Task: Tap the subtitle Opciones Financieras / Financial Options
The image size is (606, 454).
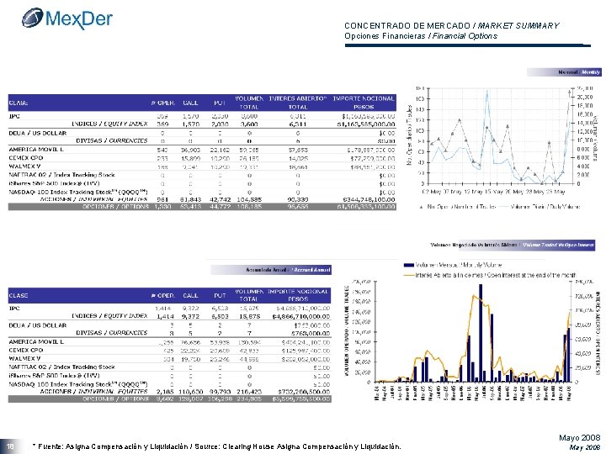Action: tap(421, 36)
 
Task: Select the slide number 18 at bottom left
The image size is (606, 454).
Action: tap(12, 446)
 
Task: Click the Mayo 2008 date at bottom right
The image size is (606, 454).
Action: tap(578, 438)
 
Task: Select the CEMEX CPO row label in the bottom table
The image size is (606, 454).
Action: tap(28, 351)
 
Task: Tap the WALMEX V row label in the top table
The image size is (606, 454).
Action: tap(24, 166)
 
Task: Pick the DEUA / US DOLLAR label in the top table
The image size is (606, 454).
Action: tap(36, 131)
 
